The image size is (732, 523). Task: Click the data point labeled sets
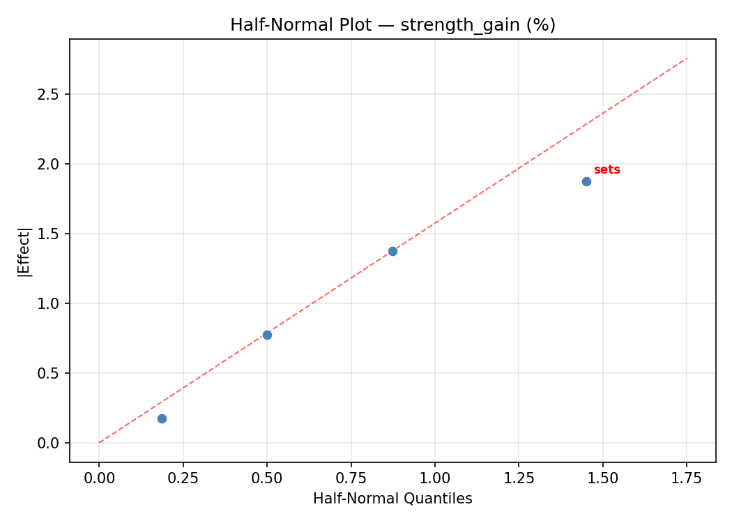[586, 181]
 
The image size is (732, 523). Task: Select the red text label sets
[607, 170]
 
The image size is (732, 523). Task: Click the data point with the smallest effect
[162, 418]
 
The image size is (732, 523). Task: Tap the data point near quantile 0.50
[267, 335]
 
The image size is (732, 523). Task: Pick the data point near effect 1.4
[392, 251]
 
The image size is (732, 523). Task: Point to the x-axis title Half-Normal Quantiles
[392, 499]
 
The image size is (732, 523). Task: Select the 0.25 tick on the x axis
[183, 478]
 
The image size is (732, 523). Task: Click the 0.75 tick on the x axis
[351, 478]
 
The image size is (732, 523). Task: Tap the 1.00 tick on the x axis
[434, 478]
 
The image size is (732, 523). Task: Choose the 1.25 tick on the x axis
[519, 478]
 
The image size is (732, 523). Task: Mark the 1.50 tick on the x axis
[602, 478]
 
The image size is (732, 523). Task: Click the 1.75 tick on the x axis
[687, 478]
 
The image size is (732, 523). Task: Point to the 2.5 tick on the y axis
[49, 94]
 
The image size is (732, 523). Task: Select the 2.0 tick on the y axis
[49, 164]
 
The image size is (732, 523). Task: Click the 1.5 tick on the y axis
[49, 234]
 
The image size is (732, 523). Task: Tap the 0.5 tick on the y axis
[49, 373]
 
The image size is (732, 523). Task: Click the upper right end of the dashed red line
[686, 59]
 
